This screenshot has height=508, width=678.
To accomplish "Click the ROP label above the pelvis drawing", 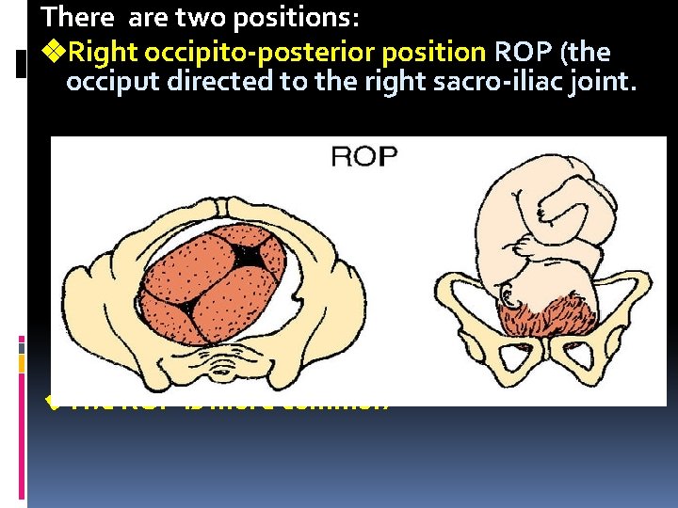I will (364, 155).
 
